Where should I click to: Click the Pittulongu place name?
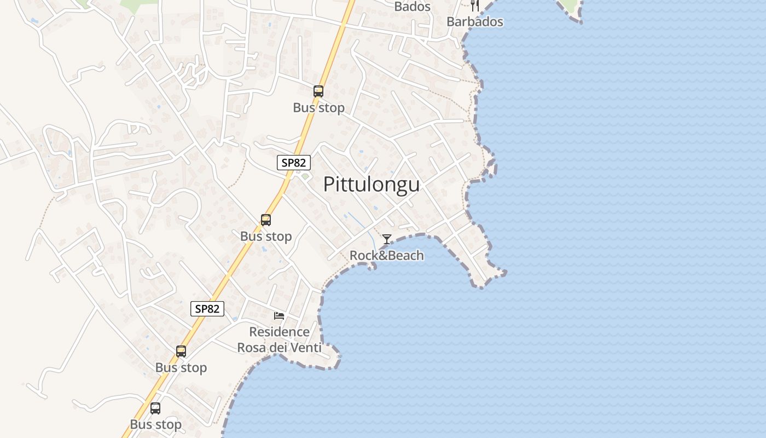pyautogui.click(x=372, y=185)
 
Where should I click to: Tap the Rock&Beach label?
pyautogui.click(x=387, y=255)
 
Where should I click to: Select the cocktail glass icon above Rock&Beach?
pyautogui.click(x=387, y=239)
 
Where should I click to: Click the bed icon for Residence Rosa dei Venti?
pyautogui.click(x=279, y=315)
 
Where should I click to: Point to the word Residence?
pyautogui.click(x=279, y=332)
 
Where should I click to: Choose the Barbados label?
pyautogui.click(x=475, y=22)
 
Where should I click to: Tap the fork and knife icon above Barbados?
pyautogui.click(x=475, y=5)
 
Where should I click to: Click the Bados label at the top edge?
pyautogui.click(x=413, y=7)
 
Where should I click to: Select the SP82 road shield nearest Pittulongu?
pyautogui.click(x=294, y=162)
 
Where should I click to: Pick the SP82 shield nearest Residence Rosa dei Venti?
pyautogui.click(x=207, y=309)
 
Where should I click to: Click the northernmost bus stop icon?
pyautogui.click(x=318, y=91)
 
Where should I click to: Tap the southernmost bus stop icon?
pyautogui.click(x=155, y=408)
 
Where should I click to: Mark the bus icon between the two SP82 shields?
pyautogui.click(x=266, y=220)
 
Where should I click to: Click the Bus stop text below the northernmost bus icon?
pyautogui.click(x=318, y=108)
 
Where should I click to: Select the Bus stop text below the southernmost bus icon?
pyautogui.click(x=155, y=424)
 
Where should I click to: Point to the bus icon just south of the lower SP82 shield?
pyautogui.click(x=181, y=351)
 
